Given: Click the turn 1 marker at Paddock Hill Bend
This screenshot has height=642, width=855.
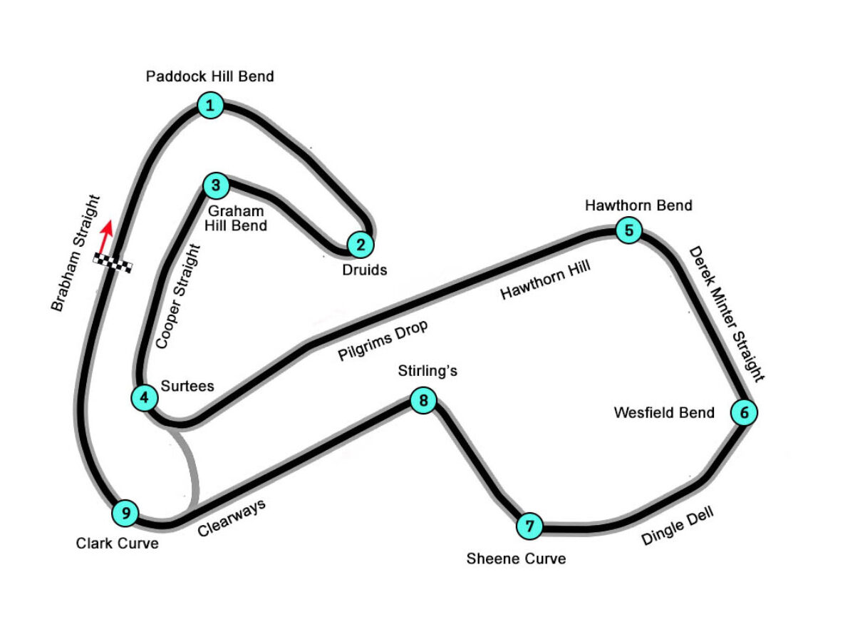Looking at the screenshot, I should pos(210,106).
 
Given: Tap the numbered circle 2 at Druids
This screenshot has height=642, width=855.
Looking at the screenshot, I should pos(361,245).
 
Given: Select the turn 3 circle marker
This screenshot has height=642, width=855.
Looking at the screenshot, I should pos(215,186).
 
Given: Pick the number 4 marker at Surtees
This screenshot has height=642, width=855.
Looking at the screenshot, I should pos(145,397).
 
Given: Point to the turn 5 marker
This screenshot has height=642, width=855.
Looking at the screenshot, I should pos(628,230).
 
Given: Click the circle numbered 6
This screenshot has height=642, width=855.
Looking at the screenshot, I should pos(744,412).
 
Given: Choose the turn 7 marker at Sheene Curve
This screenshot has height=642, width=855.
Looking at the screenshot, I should pos(529,526).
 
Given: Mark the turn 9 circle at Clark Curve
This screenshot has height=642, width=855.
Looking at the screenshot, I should pos(125,512).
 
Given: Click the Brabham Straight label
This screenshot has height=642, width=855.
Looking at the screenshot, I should pos(77,254).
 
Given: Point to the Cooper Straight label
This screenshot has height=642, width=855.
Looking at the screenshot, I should pos(179,298).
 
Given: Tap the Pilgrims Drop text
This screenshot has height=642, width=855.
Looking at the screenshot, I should pos(383,341).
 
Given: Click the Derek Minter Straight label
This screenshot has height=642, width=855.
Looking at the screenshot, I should pos(726,315).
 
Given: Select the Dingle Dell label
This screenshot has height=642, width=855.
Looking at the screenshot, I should pos(677,526).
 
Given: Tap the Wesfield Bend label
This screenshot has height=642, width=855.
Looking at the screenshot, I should pos(664,412).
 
